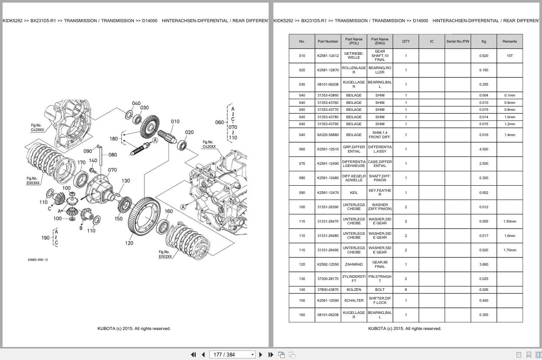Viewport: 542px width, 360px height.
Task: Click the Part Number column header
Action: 328,41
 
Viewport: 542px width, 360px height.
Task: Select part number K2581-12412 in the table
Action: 328,56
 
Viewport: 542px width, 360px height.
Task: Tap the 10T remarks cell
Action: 509,56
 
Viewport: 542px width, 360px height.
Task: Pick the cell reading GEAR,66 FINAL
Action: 379,264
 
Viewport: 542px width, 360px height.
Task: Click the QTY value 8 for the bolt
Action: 406,290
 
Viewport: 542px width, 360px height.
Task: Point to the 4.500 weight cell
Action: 483,149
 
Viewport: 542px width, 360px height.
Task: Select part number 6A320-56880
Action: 328,135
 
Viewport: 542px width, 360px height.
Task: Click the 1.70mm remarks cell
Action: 509,250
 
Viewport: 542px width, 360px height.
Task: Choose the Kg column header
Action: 483,41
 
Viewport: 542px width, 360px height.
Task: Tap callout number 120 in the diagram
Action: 129,243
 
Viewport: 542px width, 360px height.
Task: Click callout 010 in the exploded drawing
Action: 175,121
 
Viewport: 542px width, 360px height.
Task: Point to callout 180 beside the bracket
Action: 113,139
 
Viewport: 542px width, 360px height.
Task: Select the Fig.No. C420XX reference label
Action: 209,144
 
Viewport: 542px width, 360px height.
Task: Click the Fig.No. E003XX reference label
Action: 33,180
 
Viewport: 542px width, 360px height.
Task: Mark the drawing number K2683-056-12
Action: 38,260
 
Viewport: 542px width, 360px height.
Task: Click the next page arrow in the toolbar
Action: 261,355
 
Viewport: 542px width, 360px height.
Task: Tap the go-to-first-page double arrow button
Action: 193,355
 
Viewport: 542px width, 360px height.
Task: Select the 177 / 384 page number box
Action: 232,355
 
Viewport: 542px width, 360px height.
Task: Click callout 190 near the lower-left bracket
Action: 45,238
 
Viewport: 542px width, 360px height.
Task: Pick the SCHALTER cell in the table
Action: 354,300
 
